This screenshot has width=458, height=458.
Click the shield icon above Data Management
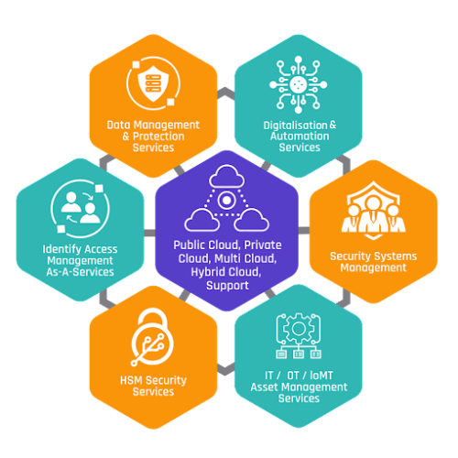click(x=153, y=83)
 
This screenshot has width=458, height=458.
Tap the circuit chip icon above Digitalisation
click(x=298, y=84)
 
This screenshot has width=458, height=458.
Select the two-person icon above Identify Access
click(x=80, y=208)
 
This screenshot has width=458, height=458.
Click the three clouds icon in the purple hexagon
click(x=226, y=198)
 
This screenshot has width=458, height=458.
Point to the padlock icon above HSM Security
click(x=152, y=337)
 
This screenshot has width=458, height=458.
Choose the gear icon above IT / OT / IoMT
click(x=299, y=335)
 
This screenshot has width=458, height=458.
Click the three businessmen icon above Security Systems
click(x=373, y=211)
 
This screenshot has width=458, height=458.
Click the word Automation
click(x=300, y=136)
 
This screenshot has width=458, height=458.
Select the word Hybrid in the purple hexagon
click(x=206, y=272)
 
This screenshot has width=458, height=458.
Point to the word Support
click(x=227, y=286)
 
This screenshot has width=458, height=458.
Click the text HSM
click(x=131, y=380)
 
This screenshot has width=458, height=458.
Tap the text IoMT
click(x=322, y=376)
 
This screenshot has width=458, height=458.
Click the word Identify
click(x=61, y=249)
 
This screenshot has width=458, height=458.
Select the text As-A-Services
click(x=80, y=272)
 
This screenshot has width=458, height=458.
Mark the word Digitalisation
click(x=295, y=125)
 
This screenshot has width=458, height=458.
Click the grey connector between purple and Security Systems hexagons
click(x=304, y=231)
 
